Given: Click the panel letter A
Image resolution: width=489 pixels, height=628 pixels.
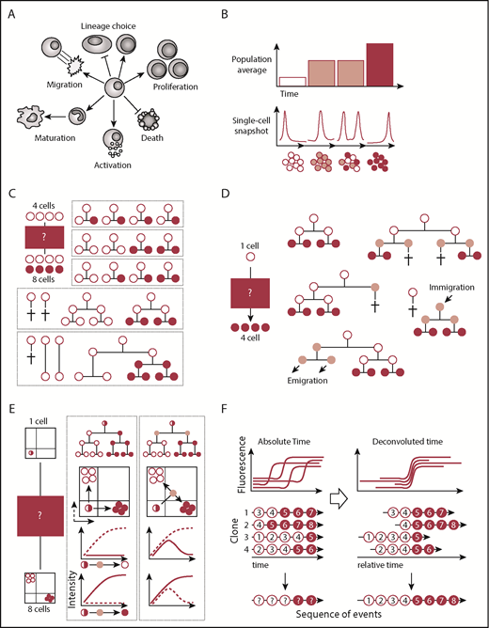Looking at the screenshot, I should [12, 10].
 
